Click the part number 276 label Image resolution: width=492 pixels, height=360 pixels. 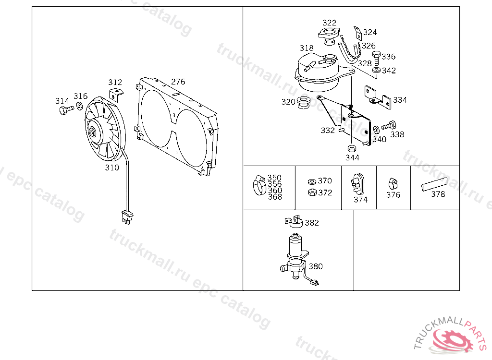178,82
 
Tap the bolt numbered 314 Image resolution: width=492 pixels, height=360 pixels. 66,110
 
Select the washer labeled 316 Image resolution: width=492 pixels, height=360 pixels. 80,106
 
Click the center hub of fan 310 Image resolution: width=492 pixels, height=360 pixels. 92,132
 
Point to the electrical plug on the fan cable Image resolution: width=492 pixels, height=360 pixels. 127,217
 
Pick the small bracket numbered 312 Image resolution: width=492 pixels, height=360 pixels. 116,95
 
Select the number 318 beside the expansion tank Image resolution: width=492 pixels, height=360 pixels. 306,48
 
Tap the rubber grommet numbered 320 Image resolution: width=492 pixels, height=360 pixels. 304,103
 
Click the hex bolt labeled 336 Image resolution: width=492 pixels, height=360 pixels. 376,58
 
